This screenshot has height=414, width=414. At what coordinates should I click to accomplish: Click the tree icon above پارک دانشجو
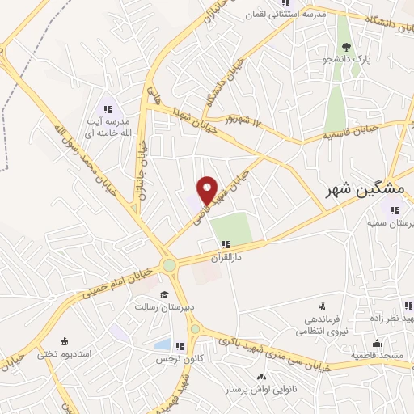pos(347,47)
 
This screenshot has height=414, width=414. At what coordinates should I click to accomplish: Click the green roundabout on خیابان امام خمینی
pos(169,265)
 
